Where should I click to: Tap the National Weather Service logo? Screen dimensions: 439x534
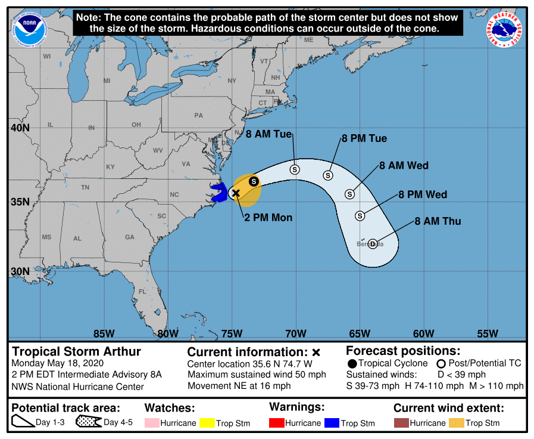point(505,28)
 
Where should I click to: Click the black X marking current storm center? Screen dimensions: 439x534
point(236,193)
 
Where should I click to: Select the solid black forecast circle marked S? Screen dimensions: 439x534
point(254,181)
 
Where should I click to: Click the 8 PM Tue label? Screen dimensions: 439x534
point(364,138)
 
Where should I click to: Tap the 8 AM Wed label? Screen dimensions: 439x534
point(404,165)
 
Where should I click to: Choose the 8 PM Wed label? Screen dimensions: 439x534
point(423,194)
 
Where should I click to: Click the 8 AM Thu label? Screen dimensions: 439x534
point(438,221)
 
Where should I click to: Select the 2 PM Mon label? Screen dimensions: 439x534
point(268,218)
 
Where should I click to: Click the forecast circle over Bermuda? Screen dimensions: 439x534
point(373,243)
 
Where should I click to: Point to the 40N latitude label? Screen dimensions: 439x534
point(19,128)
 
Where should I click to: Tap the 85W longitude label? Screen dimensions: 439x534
point(104,333)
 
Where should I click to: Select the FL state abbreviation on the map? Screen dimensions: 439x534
point(142,292)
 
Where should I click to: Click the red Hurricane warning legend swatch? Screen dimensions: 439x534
point(276,423)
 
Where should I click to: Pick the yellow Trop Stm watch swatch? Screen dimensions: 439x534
point(207,423)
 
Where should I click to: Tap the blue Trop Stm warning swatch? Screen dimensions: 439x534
point(331,423)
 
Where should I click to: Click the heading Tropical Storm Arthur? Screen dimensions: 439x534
point(77,351)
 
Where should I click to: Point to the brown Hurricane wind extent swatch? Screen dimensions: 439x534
point(401,423)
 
